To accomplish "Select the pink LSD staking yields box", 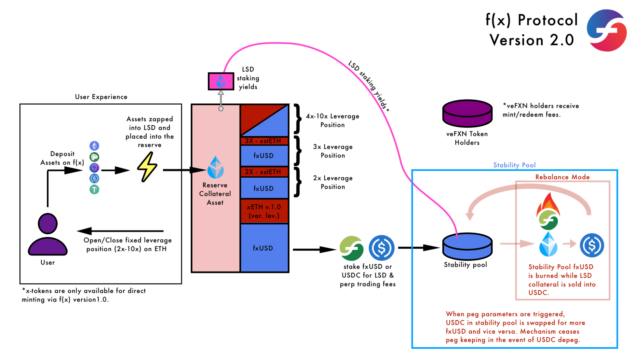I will tap(221, 81).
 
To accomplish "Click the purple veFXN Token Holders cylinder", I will tap(467, 113).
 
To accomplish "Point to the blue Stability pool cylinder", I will tap(467, 246).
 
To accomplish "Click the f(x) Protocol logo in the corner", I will tap(607, 30).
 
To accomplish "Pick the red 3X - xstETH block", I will tap(264, 141).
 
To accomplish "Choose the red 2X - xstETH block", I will tap(264, 172).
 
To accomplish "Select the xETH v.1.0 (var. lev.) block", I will tap(264, 211).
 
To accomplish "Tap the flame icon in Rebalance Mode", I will tap(548, 205).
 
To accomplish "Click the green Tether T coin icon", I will tap(94, 189).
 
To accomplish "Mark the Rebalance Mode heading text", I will tap(562, 177).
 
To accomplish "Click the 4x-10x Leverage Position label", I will tap(333, 120).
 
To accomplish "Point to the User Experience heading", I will tap(101, 97).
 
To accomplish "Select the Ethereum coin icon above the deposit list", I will tap(94, 146).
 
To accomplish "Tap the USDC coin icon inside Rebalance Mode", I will tap(592, 245).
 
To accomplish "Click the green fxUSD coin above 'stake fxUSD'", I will tap(351, 248).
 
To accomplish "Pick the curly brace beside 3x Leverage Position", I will tap(298, 151).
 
